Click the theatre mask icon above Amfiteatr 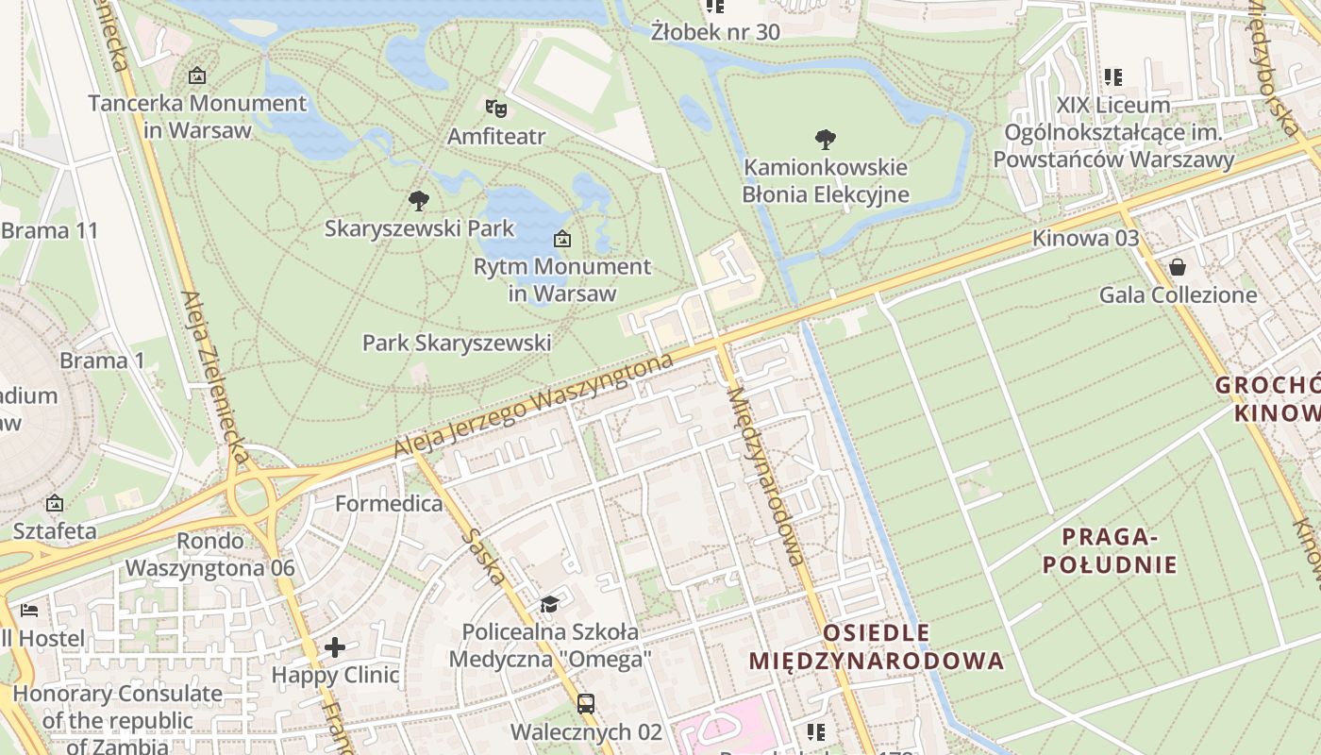(x=495, y=107)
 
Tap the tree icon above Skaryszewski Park (x=419, y=200)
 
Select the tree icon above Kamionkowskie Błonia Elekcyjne (x=825, y=140)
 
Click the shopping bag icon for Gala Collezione (x=1177, y=267)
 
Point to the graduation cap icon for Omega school (x=549, y=603)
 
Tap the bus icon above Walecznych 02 (x=585, y=703)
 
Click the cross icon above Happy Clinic (x=335, y=647)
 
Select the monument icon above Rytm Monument (x=561, y=239)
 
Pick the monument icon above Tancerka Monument (x=197, y=75)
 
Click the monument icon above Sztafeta (x=55, y=503)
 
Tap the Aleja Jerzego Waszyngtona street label (x=533, y=406)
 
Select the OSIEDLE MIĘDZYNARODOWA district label (x=877, y=646)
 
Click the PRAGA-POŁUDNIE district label (x=1119, y=551)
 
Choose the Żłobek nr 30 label (x=715, y=32)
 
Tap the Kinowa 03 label (x=1085, y=238)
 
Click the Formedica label (x=389, y=503)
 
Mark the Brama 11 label (x=49, y=230)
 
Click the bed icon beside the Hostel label (x=29, y=610)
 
